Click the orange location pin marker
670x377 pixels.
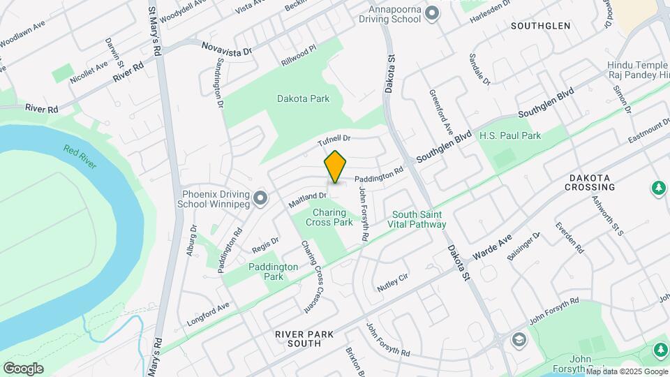click(336, 167)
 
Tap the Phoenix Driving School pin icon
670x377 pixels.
click(261, 199)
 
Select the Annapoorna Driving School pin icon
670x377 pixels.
click(431, 13)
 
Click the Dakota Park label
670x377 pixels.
click(303, 99)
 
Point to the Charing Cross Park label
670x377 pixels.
click(328, 217)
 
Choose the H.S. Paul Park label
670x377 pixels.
click(510, 135)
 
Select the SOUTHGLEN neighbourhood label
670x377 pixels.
click(540, 26)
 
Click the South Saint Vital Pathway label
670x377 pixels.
click(419, 220)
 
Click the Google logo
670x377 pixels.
click(23, 369)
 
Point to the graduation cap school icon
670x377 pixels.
click(519, 340)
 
